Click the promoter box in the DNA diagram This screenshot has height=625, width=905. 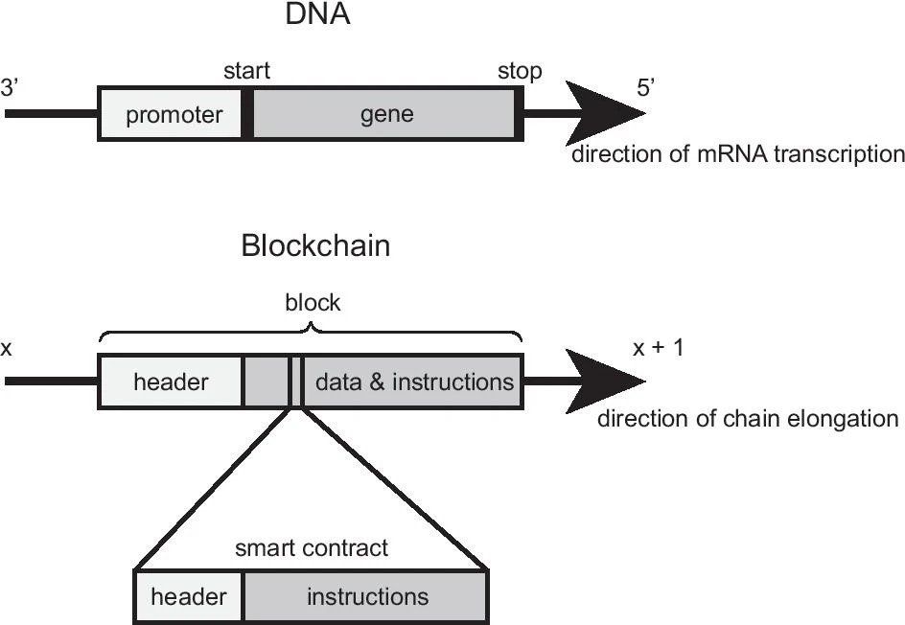click(173, 115)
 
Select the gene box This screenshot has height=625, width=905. click(386, 115)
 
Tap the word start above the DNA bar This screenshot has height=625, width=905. click(246, 71)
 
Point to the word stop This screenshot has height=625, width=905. click(519, 71)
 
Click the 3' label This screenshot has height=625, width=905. click(12, 86)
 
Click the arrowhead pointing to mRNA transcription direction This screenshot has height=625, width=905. click(604, 114)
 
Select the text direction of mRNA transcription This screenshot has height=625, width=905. click(737, 153)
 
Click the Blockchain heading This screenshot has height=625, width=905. click(315, 246)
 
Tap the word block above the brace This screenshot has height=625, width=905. click(313, 303)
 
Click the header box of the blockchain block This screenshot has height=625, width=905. click(171, 382)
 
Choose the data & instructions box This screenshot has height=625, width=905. click(414, 382)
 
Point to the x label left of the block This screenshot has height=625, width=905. click(7, 348)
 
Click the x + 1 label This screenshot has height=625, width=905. click(658, 348)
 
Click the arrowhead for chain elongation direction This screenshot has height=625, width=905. click(604, 382)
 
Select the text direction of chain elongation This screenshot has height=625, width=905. click(747, 419)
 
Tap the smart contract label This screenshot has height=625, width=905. click(312, 548)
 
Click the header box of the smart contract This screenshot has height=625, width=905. click(189, 597)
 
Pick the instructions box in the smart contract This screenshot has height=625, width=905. click(367, 597)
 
